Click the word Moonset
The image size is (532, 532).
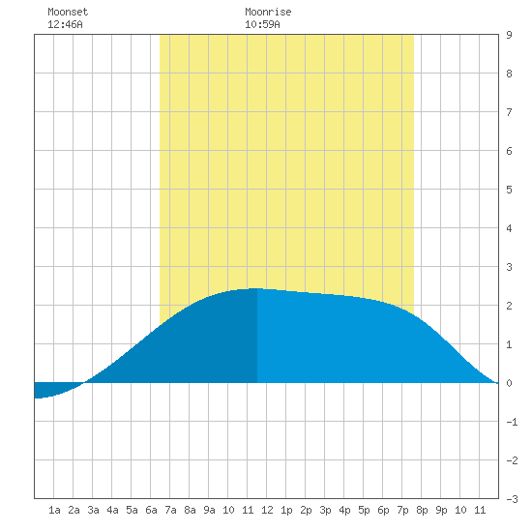click(68, 12)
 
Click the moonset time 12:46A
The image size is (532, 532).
click(65, 24)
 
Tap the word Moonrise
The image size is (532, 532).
click(268, 12)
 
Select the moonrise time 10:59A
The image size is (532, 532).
click(262, 24)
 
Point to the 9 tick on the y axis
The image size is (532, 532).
click(509, 35)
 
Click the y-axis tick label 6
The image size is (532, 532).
click(509, 151)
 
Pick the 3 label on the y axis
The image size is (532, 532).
click(509, 267)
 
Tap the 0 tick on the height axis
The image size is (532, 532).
click(509, 383)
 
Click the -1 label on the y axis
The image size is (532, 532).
click(512, 422)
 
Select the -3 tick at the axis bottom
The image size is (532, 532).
click(512, 499)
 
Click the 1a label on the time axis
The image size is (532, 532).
click(54, 510)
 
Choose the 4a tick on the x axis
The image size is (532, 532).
click(112, 510)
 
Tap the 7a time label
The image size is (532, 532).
click(170, 510)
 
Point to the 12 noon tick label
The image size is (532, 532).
click(267, 510)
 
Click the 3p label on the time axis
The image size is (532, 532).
click(325, 510)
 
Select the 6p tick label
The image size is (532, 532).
click(383, 510)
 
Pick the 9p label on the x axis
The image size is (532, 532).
click(441, 510)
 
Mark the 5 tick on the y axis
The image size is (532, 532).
click(509, 190)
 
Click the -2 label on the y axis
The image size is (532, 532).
click(512, 460)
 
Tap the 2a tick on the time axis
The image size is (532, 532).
click(74, 510)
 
